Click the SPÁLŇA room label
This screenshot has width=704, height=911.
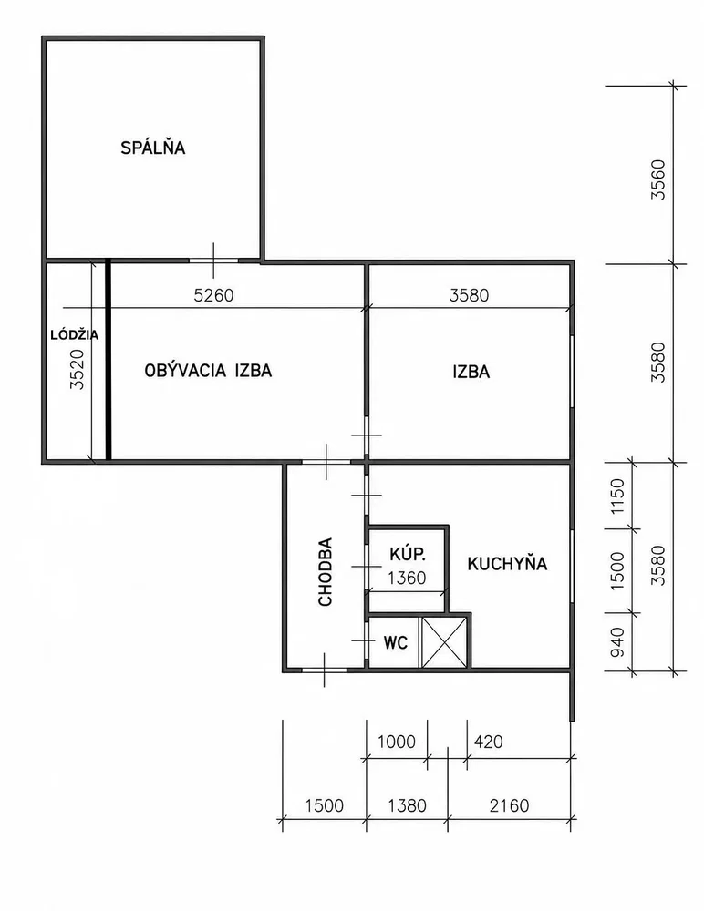pos(153,148)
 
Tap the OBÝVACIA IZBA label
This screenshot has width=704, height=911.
pos(208,371)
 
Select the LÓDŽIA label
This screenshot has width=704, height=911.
pos(75,335)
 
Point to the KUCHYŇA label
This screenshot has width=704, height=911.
pos(507,564)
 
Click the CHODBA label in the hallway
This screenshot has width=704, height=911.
pos(326,572)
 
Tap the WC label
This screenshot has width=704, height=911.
pos(396,643)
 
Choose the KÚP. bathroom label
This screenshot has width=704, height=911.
pos(408,554)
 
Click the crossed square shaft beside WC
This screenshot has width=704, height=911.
pos(444,642)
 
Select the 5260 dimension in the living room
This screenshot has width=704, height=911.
pos(213,295)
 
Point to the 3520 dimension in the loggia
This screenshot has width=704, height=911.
pos(78,369)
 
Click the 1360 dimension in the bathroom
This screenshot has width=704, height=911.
pos(407,578)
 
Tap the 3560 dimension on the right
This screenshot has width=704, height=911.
pos(658,179)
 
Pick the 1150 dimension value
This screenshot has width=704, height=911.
pos(617,496)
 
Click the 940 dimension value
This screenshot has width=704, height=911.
pos(617,642)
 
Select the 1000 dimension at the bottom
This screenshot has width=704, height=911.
pos(397,742)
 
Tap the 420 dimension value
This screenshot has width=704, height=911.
pos(489,742)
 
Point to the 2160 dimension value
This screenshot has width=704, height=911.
pos(510,806)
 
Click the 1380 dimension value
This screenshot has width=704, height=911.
pos(408,806)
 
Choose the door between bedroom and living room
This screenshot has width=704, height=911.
pos(213,261)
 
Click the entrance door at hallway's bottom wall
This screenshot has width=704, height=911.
pos(324,670)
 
